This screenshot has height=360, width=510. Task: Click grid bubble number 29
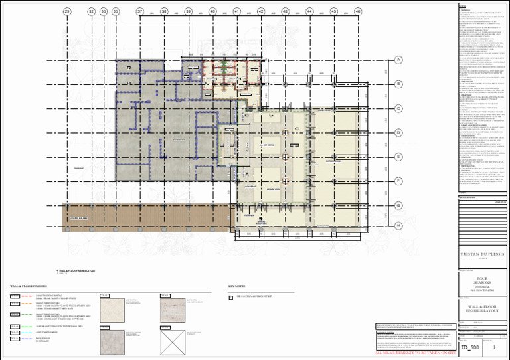click(x=67, y=12)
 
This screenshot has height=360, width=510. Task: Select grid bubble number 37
click(x=140, y=12)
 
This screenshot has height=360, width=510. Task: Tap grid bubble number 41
click(x=237, y=12)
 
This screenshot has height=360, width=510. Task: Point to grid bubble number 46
click(x=358, y=12)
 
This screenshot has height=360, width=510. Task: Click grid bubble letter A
click(x=398, y=60)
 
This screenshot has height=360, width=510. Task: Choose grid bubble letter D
click(x=398, y=133)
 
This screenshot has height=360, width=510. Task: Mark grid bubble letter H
click(x=398, y=226)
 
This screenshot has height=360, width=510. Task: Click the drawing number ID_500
click(x=470, y=347)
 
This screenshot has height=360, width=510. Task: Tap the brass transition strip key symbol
click(x=230, y=297)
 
